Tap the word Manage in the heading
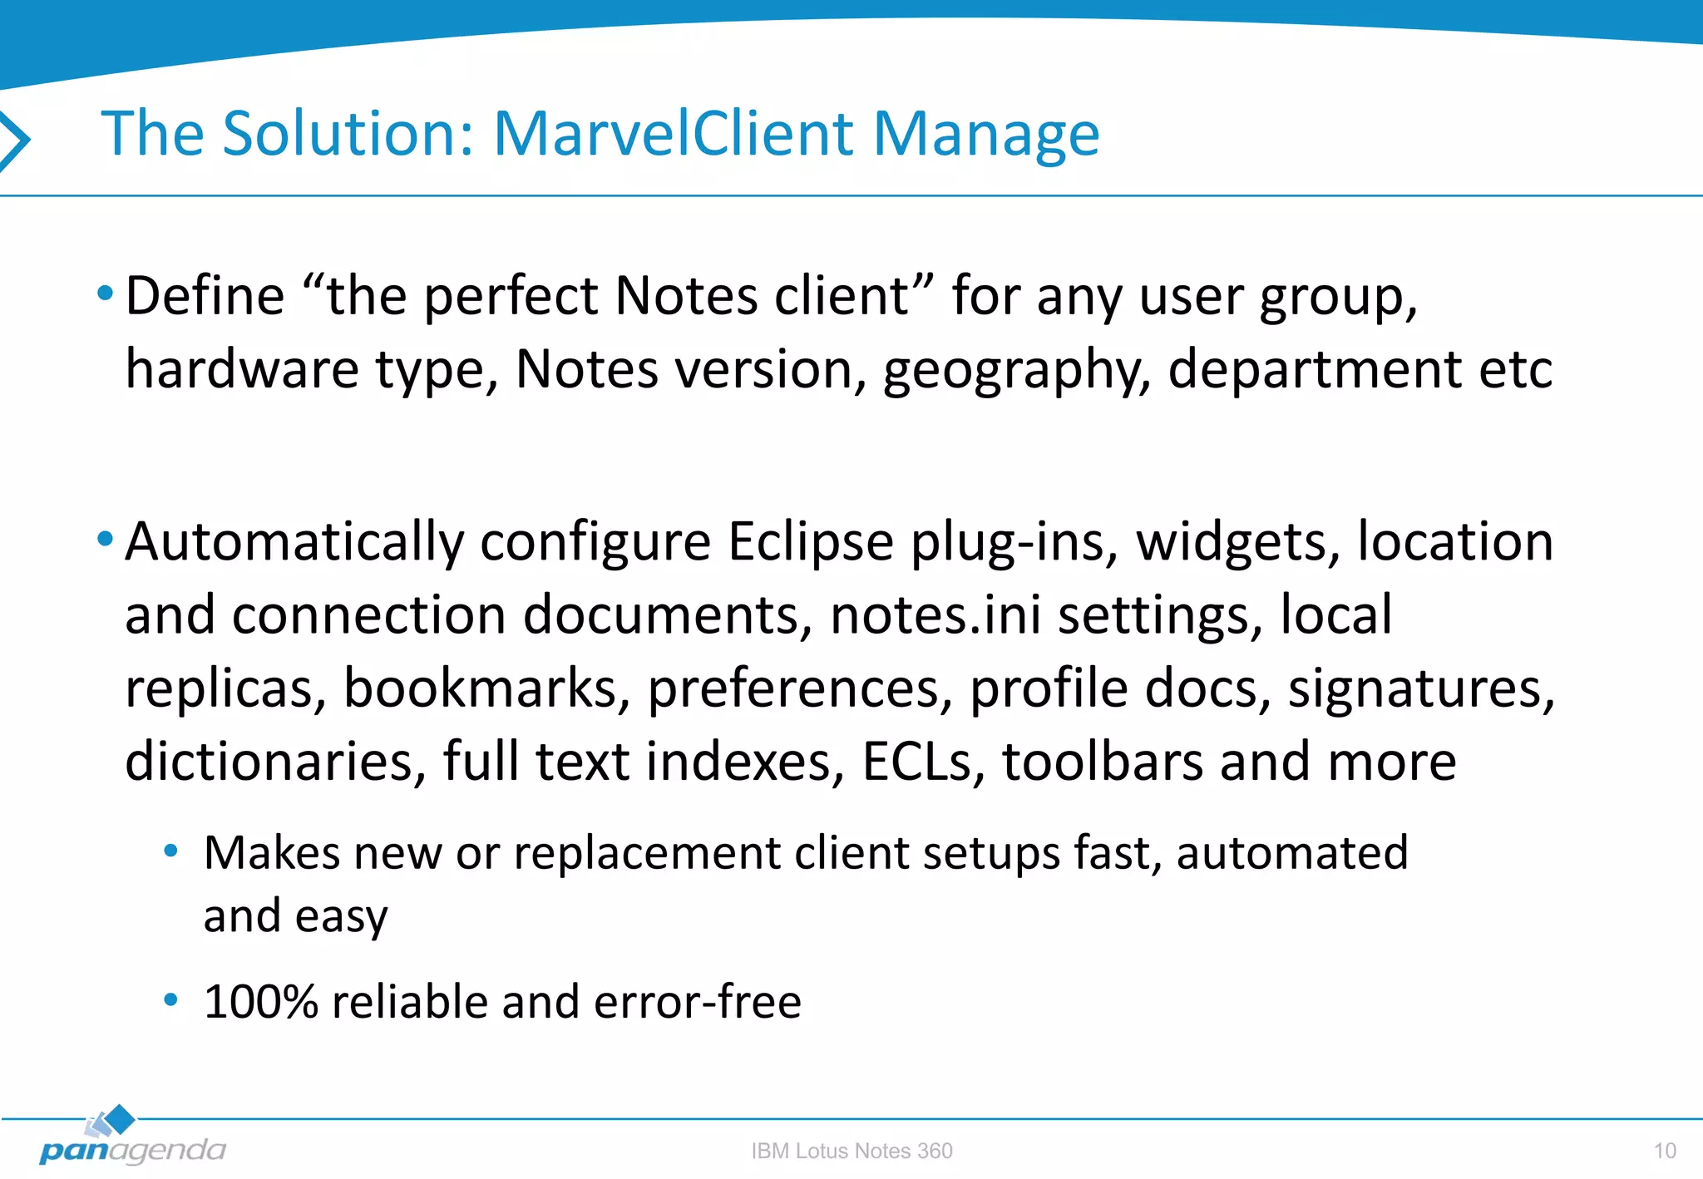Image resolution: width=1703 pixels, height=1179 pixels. click(x=985, y=135)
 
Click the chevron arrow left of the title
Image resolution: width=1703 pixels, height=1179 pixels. click(x=14, y=140)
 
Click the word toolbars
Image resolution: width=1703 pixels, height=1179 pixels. click(x=1102, y=762)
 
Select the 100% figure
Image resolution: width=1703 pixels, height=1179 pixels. click(x=260, y=1002)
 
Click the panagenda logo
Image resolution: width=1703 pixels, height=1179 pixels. click(x=131, y=1140)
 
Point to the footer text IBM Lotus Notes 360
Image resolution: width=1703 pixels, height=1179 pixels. click(x=851, y=1151)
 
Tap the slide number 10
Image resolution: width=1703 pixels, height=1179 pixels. click(x=1664, y=1151)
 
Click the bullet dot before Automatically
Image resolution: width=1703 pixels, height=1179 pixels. click(x=105, y=539)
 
